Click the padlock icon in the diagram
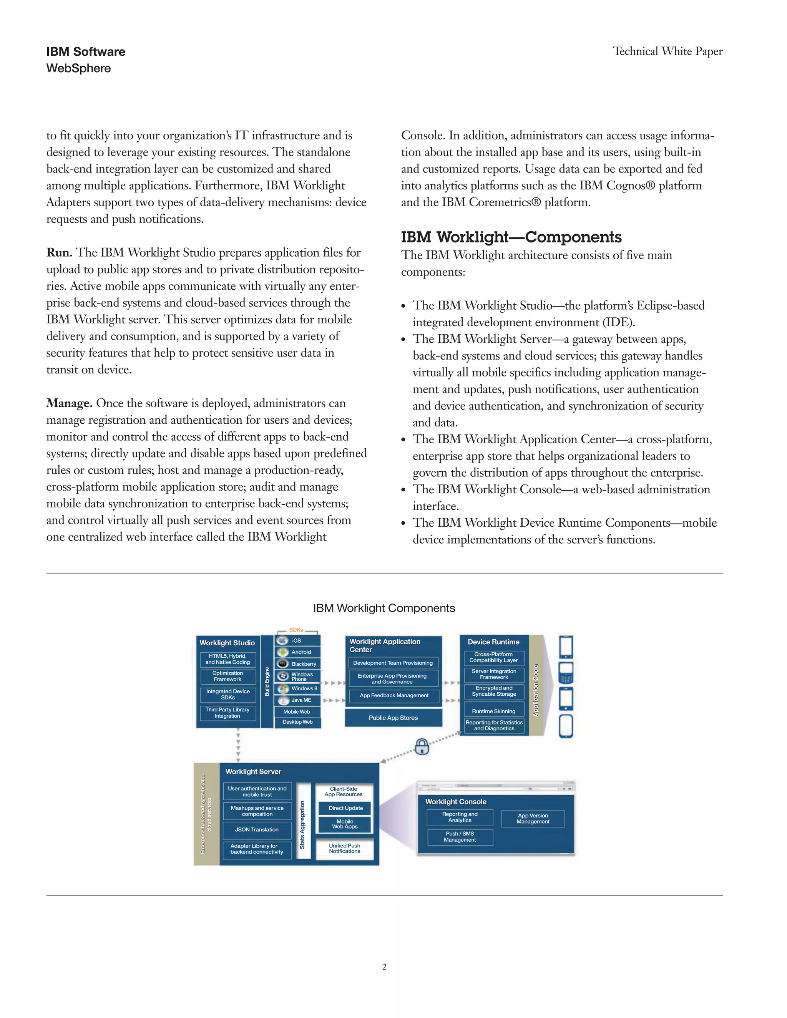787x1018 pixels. (x=422, y=746)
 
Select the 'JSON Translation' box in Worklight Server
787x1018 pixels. (x=257, y=829)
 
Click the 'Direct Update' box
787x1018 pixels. (x=345, y=808)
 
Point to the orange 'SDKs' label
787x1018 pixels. (x=296, y=630)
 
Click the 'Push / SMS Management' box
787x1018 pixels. (x=460, y=837)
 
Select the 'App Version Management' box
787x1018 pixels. (x=533, y=819)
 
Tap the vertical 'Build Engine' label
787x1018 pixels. (x=267, y=681)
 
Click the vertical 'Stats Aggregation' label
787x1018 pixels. (x=302, y=824)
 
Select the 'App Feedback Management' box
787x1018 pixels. (x=393, y=695)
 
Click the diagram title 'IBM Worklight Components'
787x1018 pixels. (x=384, y=608)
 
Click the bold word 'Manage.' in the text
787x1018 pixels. (x=70, y=403)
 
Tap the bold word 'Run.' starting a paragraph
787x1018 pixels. (x=59, y=253)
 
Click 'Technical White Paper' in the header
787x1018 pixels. (x=667, y=51)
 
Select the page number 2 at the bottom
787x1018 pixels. (x=384, y=967)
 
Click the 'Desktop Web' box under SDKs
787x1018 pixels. (x=297, y=722)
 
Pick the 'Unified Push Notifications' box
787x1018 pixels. (x=345, y=848)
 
